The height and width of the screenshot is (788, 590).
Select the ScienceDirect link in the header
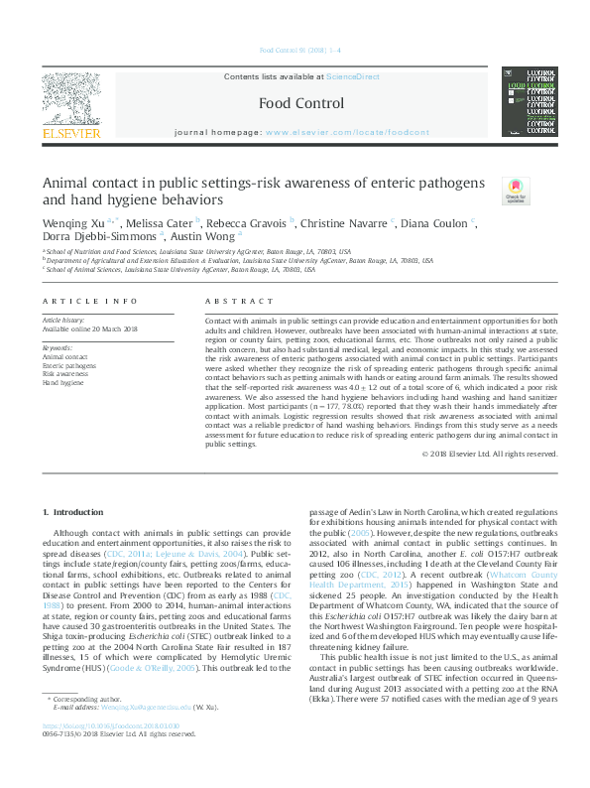[x=354, y=76]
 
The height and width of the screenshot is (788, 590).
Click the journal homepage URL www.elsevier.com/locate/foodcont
[x=347, y=132]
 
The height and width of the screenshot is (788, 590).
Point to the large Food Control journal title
[x=300, y=103]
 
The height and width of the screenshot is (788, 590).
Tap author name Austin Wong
[x=203, y=237]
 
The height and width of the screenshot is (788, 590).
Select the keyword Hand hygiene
[x=62, y=381]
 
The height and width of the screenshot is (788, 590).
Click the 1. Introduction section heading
[x=76, y=512]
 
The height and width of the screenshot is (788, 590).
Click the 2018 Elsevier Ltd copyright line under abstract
[x=489, y=454]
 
